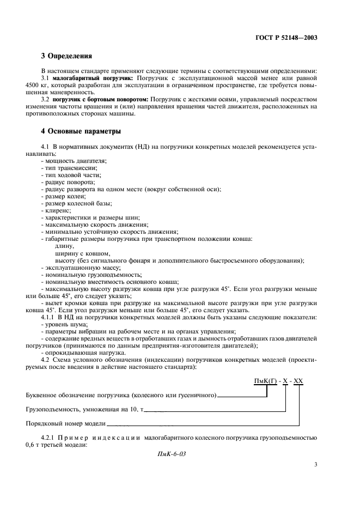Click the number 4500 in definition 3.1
click(x=33, y=86)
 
